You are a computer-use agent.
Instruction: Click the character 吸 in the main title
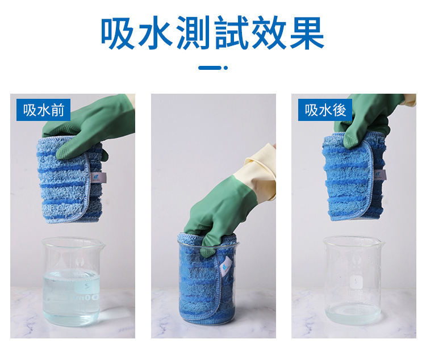coord(118,32)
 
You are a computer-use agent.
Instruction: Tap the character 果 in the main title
coord(307,32)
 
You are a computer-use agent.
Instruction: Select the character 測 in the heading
coord(194,32)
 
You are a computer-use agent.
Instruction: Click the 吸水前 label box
coord(44,110)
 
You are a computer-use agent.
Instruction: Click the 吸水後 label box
coord(325,110)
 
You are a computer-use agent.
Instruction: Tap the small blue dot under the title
coord(225,68)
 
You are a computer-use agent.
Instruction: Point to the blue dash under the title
coord(210,68)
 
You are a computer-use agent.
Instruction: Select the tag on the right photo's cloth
coord(380,174)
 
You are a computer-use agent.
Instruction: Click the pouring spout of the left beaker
coord(102,246)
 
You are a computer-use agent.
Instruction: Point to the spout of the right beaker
coord(382,243)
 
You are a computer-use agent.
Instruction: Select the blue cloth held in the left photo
coord(70,181)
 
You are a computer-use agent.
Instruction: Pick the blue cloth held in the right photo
coord(354,177)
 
